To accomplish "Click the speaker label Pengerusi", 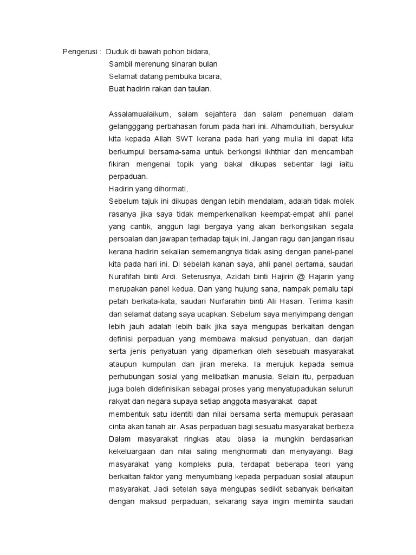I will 78,52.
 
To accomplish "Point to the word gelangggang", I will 133,127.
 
